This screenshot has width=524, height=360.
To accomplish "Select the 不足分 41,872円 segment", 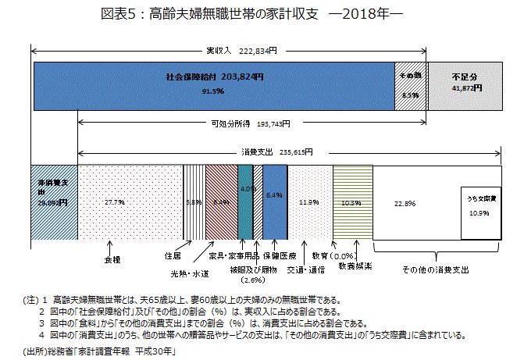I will [x=464, y=84].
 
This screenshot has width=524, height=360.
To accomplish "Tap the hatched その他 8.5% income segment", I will [x=411, y=84].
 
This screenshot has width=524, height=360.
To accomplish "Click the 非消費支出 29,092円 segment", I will [x=53, y=201].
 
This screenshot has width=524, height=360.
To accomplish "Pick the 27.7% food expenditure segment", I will [x=130, y=201].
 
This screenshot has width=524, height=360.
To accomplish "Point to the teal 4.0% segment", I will [x=244, y=201].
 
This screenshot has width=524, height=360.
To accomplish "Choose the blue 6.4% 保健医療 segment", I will [x=274, y=201].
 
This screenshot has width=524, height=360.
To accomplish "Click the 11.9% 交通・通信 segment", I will [x=309, y=201].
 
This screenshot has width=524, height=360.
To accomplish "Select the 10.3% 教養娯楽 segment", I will [x=351, y=201].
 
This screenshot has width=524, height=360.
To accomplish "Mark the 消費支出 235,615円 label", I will [x=277, y=152].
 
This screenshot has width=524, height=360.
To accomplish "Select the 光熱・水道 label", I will [x=190, y=273].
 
